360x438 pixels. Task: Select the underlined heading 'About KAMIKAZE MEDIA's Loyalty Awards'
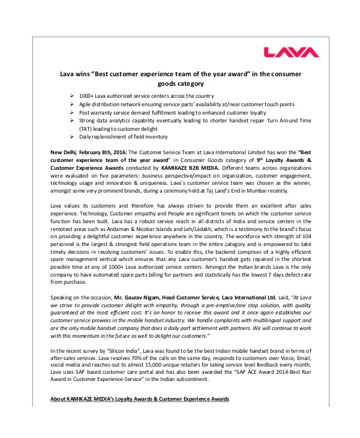[x=139, y=400]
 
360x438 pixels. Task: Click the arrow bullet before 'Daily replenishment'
[x=72, y=137]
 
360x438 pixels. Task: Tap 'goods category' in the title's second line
[x=179, y=84]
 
